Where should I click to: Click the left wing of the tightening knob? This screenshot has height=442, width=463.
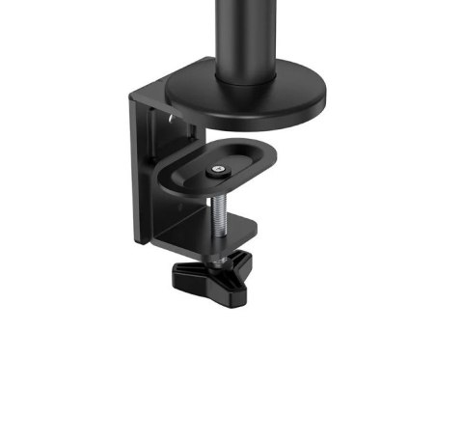point(189,274)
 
